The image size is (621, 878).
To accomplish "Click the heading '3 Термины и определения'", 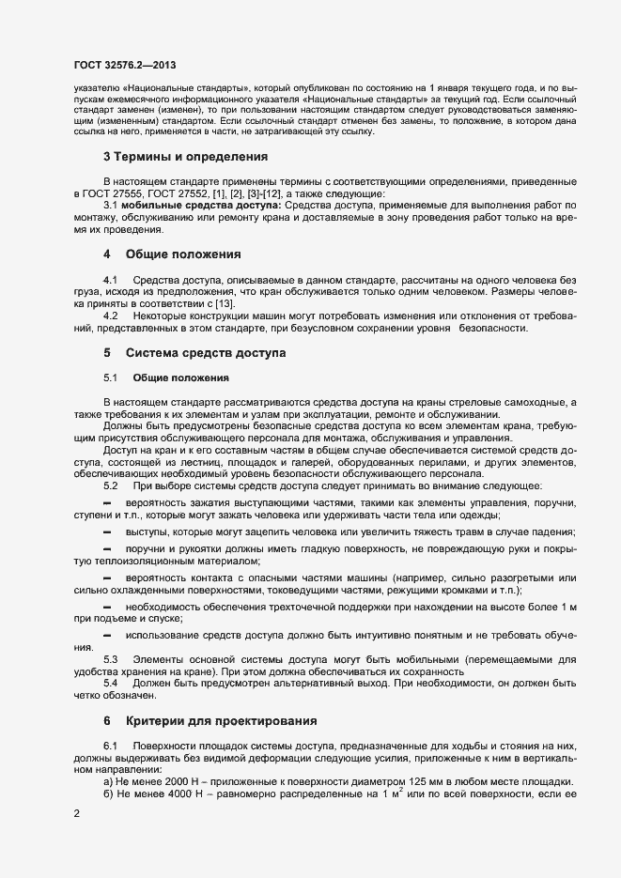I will (175, 155).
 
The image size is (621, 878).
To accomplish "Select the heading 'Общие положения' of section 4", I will (184, 254).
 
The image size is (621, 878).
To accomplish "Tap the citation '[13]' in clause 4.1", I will (204, 303).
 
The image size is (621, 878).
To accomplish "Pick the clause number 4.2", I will (111, 316).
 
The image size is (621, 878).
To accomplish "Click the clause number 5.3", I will (111, 658).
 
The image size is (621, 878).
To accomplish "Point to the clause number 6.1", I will (111, 745).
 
